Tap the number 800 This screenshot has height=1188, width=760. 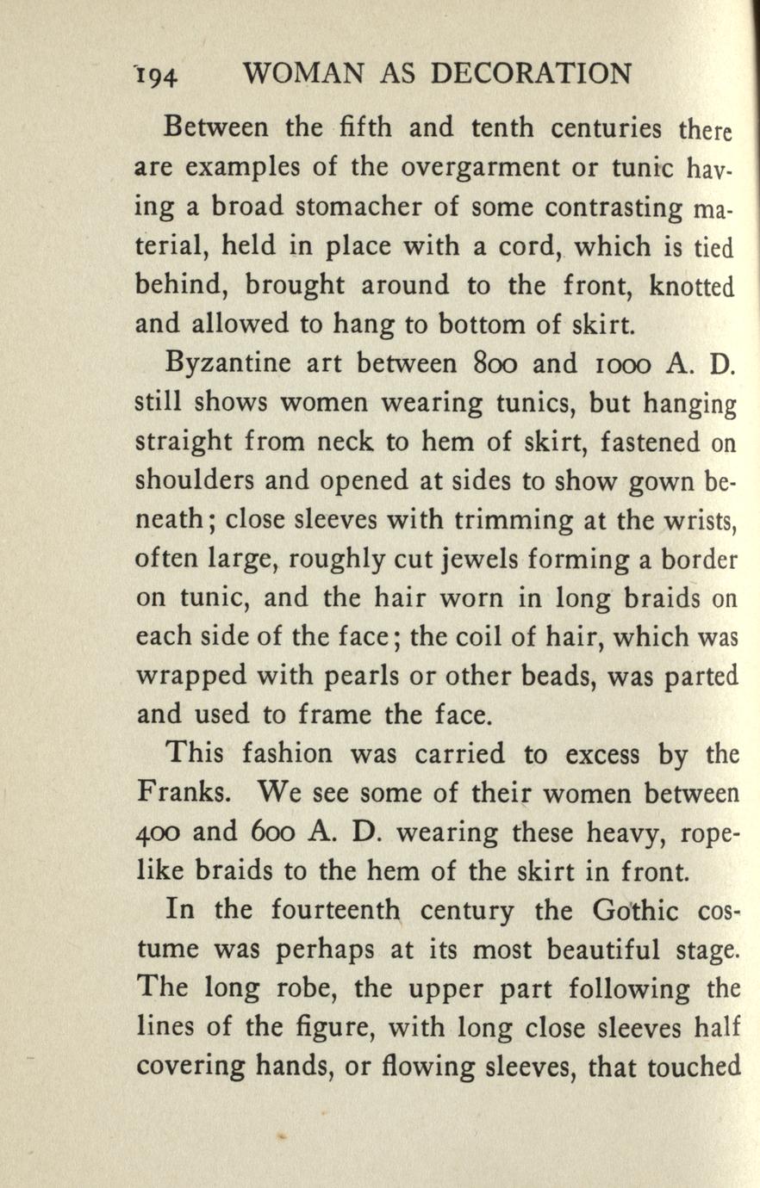(487, 366)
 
